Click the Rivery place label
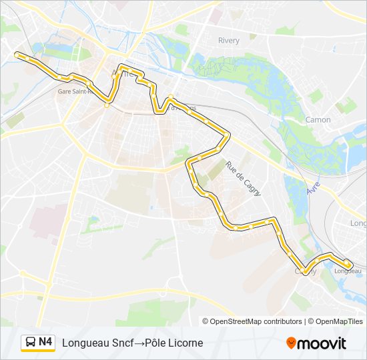(228, 41)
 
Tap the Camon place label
(318, 120)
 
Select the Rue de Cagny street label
(243, 178)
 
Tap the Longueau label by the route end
(348, 271)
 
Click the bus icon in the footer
(30, 343)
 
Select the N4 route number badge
(45, 342)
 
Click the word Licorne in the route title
(184, 343)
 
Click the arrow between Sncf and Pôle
(135, 343)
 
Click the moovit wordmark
(322, 343)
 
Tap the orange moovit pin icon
(291, 343)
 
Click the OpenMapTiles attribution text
(339, 321)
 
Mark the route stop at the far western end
(18, 55)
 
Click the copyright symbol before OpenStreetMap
(206, 321)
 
